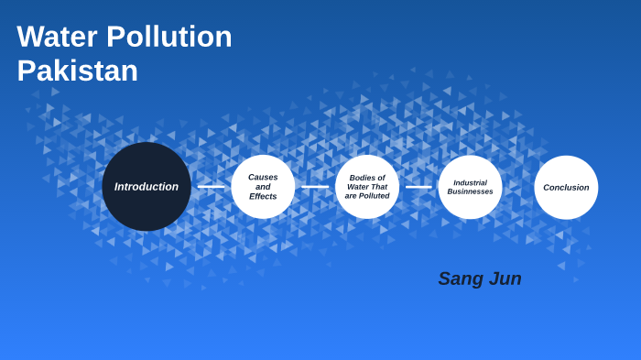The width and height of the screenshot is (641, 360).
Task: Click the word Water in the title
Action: point(57,37)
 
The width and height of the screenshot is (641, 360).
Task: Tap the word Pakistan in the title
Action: point(77,71)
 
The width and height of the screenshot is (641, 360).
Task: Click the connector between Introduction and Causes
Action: point(211,187)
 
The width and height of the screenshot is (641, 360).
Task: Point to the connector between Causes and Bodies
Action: point(315,187)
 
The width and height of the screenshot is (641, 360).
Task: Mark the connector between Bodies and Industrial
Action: point(418,187)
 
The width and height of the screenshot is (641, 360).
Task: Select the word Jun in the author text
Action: point(505,278)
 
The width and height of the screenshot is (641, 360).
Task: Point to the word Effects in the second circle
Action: point(263,197)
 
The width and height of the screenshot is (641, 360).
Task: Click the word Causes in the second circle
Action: point(263,177)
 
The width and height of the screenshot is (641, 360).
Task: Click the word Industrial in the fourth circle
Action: point(470,182)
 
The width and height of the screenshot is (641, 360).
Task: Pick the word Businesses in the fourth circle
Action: point(470,191)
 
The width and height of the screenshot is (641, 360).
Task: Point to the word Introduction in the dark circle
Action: point(147,187)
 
